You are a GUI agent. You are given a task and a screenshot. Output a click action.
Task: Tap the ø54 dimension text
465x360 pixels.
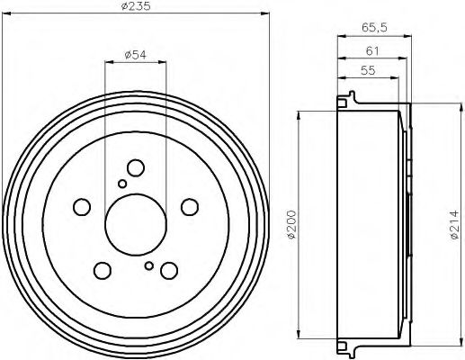(x=136, y=55)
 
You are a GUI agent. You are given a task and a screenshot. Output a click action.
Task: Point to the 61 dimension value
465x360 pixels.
(x=370, y=50)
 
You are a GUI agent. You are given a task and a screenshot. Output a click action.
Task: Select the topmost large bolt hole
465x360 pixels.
(x=136, y=168)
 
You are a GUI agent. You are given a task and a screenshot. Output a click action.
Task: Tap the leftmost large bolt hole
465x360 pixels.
(x=82, y=206)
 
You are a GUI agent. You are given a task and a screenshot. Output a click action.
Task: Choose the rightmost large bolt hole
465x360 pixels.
(x=189, y=207)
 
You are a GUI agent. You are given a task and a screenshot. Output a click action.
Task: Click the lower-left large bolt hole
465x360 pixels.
(x=103, y=269)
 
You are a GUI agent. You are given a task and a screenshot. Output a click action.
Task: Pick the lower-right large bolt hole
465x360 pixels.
(x=168, y=270)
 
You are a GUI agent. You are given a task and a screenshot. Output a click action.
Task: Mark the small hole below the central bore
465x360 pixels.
(x=148, y=265)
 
